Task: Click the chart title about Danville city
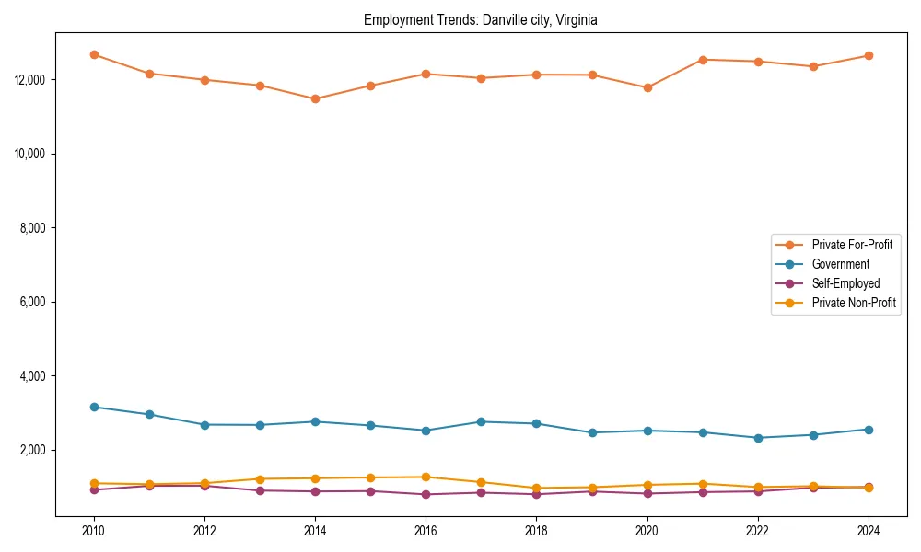[481, 20]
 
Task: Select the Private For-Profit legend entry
[852, 245]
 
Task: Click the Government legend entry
[840, 264]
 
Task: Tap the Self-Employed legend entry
[845, 283]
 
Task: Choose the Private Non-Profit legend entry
[854, 303]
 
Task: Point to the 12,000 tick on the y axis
[30, 80]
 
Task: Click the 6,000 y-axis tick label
[33, 302]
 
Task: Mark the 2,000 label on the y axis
[33, 450]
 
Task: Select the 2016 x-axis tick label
[426, 531]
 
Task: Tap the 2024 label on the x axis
[868, 531]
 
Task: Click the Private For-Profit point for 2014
[315, 98]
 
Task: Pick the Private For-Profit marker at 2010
[94, 54]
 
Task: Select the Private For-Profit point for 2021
[703, 60]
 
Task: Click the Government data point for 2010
[94, 407]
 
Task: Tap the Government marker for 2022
[758, 438]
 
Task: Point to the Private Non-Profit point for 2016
[426, 477]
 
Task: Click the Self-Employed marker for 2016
[426, 494]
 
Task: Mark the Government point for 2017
[481, 421]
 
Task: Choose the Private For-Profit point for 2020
[647, 87]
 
